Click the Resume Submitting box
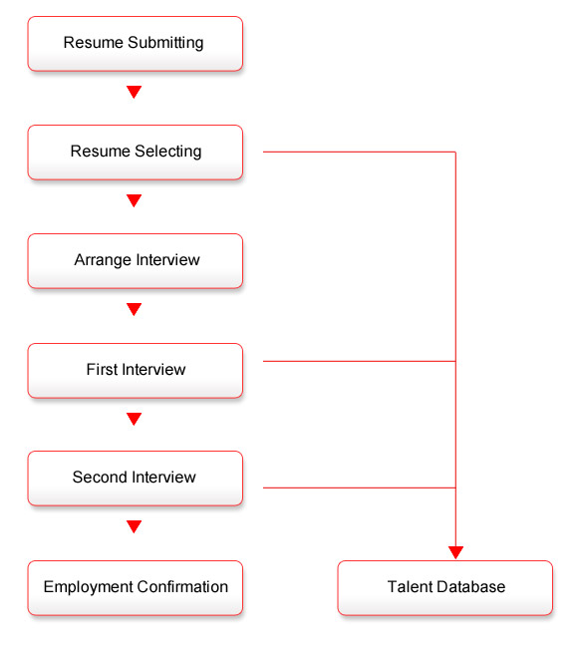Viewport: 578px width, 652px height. click(136, 44)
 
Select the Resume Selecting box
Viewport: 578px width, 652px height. click(136, 153)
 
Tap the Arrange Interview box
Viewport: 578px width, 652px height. click(136, 261)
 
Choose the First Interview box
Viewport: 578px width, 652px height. click(136, 371)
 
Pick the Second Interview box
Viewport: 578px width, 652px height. click(136, 479)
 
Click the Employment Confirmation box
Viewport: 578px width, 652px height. click(136, 588)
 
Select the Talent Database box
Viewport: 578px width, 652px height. click(445, 588)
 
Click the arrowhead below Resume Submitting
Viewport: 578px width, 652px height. click(134, 92)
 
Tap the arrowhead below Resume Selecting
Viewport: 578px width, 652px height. click(134, 200)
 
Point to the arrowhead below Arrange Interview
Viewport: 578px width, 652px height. click(134, 309)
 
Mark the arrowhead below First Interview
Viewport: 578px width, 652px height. click(134, 419)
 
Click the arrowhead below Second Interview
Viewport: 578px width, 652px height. click(134, 526)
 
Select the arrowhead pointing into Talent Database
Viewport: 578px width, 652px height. click(455, 552)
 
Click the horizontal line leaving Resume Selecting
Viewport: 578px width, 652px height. click(360, 153)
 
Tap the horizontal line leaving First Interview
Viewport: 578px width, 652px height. click(360, 361)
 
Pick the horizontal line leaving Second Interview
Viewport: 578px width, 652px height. click(360, 488)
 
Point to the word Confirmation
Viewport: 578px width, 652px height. click(182, 587)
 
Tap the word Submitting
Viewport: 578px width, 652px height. click(165, 43)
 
